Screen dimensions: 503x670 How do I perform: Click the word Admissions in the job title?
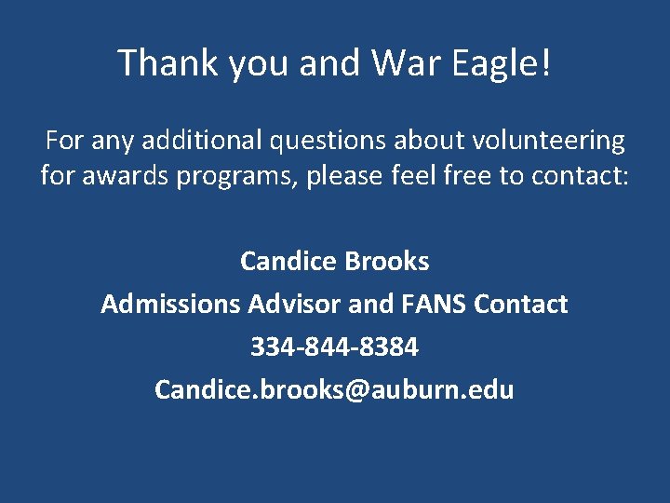pyautogui.click(x=171, y=305)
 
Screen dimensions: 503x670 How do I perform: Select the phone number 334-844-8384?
pyautogui.click(x=334, y=347)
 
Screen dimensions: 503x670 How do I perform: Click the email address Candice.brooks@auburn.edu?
pyautogui.click(x=334, y=389)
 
